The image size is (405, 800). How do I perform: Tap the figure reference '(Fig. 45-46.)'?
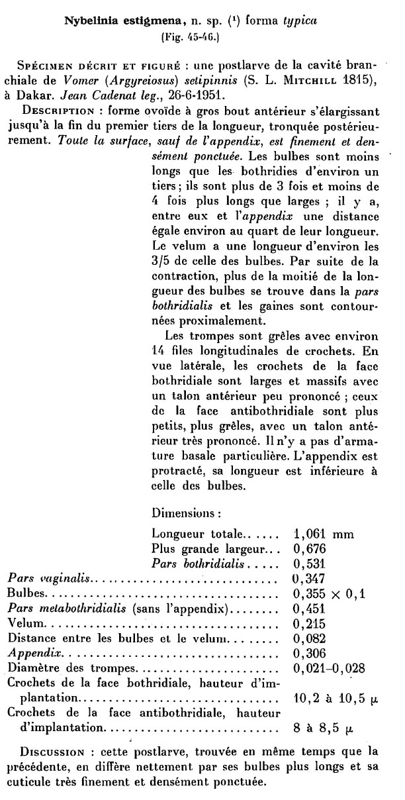[x=190, y=38]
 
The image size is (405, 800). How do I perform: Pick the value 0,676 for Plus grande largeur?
[x=310, y=548]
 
